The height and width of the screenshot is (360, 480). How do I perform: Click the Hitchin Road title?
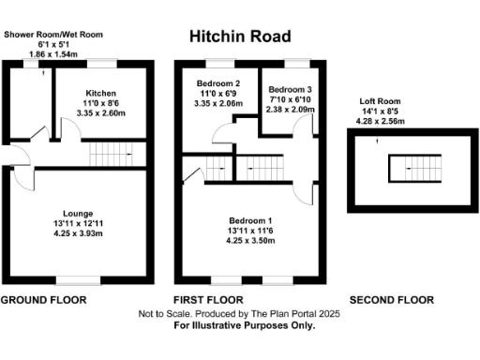240,37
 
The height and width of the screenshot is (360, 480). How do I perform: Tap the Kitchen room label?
100,94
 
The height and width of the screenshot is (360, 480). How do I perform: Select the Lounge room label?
75,214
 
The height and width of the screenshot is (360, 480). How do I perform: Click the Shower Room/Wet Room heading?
52,34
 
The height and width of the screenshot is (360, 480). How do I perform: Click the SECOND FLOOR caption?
391,301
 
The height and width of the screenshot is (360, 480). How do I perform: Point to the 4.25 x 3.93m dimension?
75,235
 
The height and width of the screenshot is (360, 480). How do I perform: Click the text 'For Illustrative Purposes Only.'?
240,326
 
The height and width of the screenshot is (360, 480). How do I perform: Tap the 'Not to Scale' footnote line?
240,314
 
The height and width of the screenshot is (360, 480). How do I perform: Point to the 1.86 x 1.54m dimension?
52,56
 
